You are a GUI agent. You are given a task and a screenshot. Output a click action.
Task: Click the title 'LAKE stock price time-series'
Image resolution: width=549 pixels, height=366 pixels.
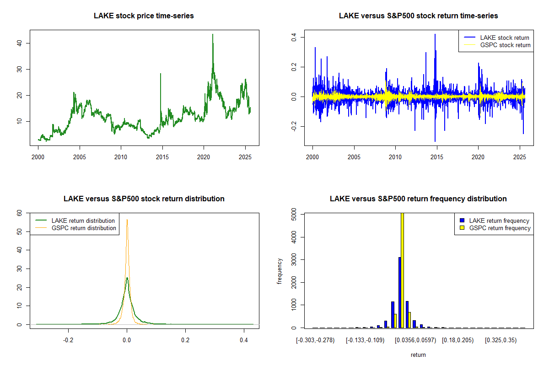(144, 16)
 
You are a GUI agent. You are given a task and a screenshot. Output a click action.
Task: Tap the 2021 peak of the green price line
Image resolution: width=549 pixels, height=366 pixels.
(213, 35)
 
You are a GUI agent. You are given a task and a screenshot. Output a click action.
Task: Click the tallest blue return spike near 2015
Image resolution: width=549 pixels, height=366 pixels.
(435, 35)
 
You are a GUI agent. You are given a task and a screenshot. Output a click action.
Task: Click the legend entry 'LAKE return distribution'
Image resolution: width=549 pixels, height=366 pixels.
(83, 221)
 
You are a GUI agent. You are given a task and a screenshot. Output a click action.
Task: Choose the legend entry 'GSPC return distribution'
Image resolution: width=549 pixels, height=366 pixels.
(84, 228)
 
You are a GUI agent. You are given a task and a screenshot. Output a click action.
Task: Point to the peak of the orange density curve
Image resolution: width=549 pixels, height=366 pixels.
(127, 220)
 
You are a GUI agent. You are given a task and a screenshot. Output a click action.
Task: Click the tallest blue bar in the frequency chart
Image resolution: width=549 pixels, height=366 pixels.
(399, 293)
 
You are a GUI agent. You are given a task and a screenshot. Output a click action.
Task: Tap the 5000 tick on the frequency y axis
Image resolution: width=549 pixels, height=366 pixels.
(293, 214)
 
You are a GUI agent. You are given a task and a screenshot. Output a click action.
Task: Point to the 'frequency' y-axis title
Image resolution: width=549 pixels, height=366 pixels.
(280, 271)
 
